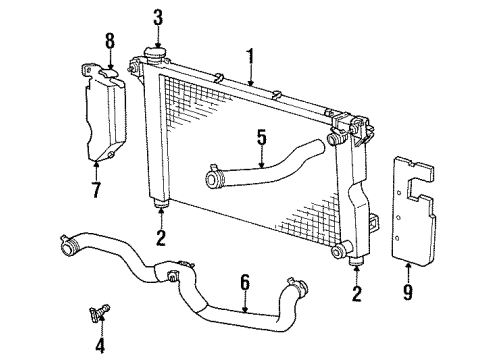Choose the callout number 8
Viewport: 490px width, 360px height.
pos(110,43)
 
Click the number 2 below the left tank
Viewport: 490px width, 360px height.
pos(161,237)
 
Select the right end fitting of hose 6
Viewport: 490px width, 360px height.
pos(295,286)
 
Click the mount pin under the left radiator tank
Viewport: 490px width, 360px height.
pos(160,207)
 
